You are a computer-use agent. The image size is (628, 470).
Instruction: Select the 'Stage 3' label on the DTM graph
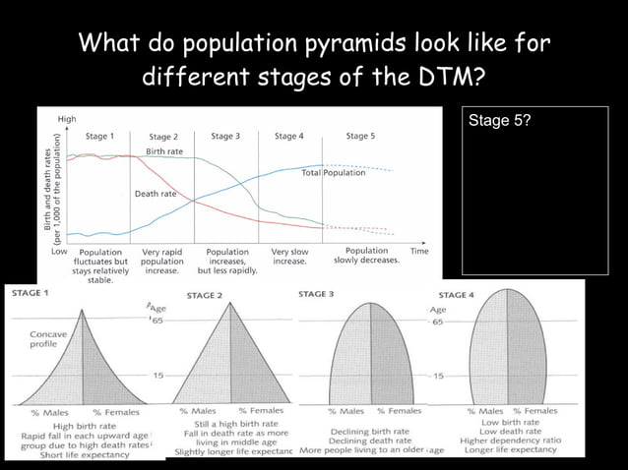coord(225,136)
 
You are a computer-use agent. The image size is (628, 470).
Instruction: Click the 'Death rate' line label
coord(156,194)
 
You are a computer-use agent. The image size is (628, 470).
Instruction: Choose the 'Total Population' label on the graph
coord(334,173)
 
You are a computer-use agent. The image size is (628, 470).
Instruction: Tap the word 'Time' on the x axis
coord(418,252)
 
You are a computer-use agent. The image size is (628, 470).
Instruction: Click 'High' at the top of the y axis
coord(67,118)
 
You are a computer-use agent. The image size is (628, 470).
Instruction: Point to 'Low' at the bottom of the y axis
coord(58,252)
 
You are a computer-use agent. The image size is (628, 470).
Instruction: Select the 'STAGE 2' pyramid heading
coord(204,294)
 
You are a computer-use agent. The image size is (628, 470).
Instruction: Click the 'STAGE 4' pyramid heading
coord(456,294)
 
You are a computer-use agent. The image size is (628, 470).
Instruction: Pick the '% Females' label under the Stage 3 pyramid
coord(399,410)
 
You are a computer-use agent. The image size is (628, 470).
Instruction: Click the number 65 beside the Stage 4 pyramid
coord(438,322)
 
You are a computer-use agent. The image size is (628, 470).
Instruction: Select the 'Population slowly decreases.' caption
coord(366,257)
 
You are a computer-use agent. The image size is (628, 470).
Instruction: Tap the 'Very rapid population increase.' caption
coord(161,263)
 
